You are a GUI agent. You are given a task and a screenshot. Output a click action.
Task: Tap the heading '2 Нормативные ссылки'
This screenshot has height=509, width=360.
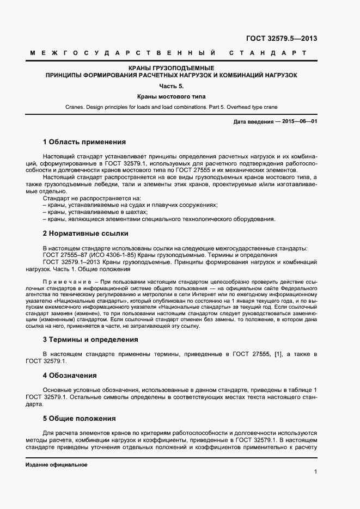[x=86, y=234]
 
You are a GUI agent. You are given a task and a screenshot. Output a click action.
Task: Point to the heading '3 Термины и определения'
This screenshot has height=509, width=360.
[x=90, y=340]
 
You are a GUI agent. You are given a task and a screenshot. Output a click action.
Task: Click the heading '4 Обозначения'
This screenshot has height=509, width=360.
[x=70, y=376]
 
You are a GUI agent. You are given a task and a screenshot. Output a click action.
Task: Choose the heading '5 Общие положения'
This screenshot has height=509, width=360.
[x=79, y=419]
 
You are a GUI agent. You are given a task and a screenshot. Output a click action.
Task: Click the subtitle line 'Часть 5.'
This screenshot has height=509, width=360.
[x=172, y=86]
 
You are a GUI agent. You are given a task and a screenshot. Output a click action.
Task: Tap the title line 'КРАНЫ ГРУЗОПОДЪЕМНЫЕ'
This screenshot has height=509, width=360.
[x=172, y=68]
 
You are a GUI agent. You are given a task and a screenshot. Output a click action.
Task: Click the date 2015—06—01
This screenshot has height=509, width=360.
[x=300, y=121]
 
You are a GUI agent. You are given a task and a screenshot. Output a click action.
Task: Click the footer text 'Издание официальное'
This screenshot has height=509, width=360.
[x=56, y=465]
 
